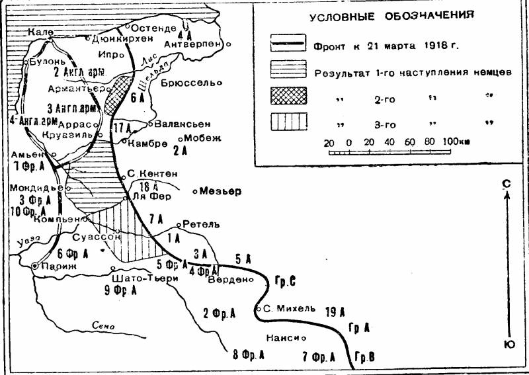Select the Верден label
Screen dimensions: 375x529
coord(229,279)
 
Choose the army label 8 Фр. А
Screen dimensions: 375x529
coord(249,356)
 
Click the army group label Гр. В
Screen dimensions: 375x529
coord(364,357)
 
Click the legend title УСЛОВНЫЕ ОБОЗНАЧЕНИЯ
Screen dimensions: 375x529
coord(391,15)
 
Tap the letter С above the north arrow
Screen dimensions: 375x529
coord(506,183)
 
